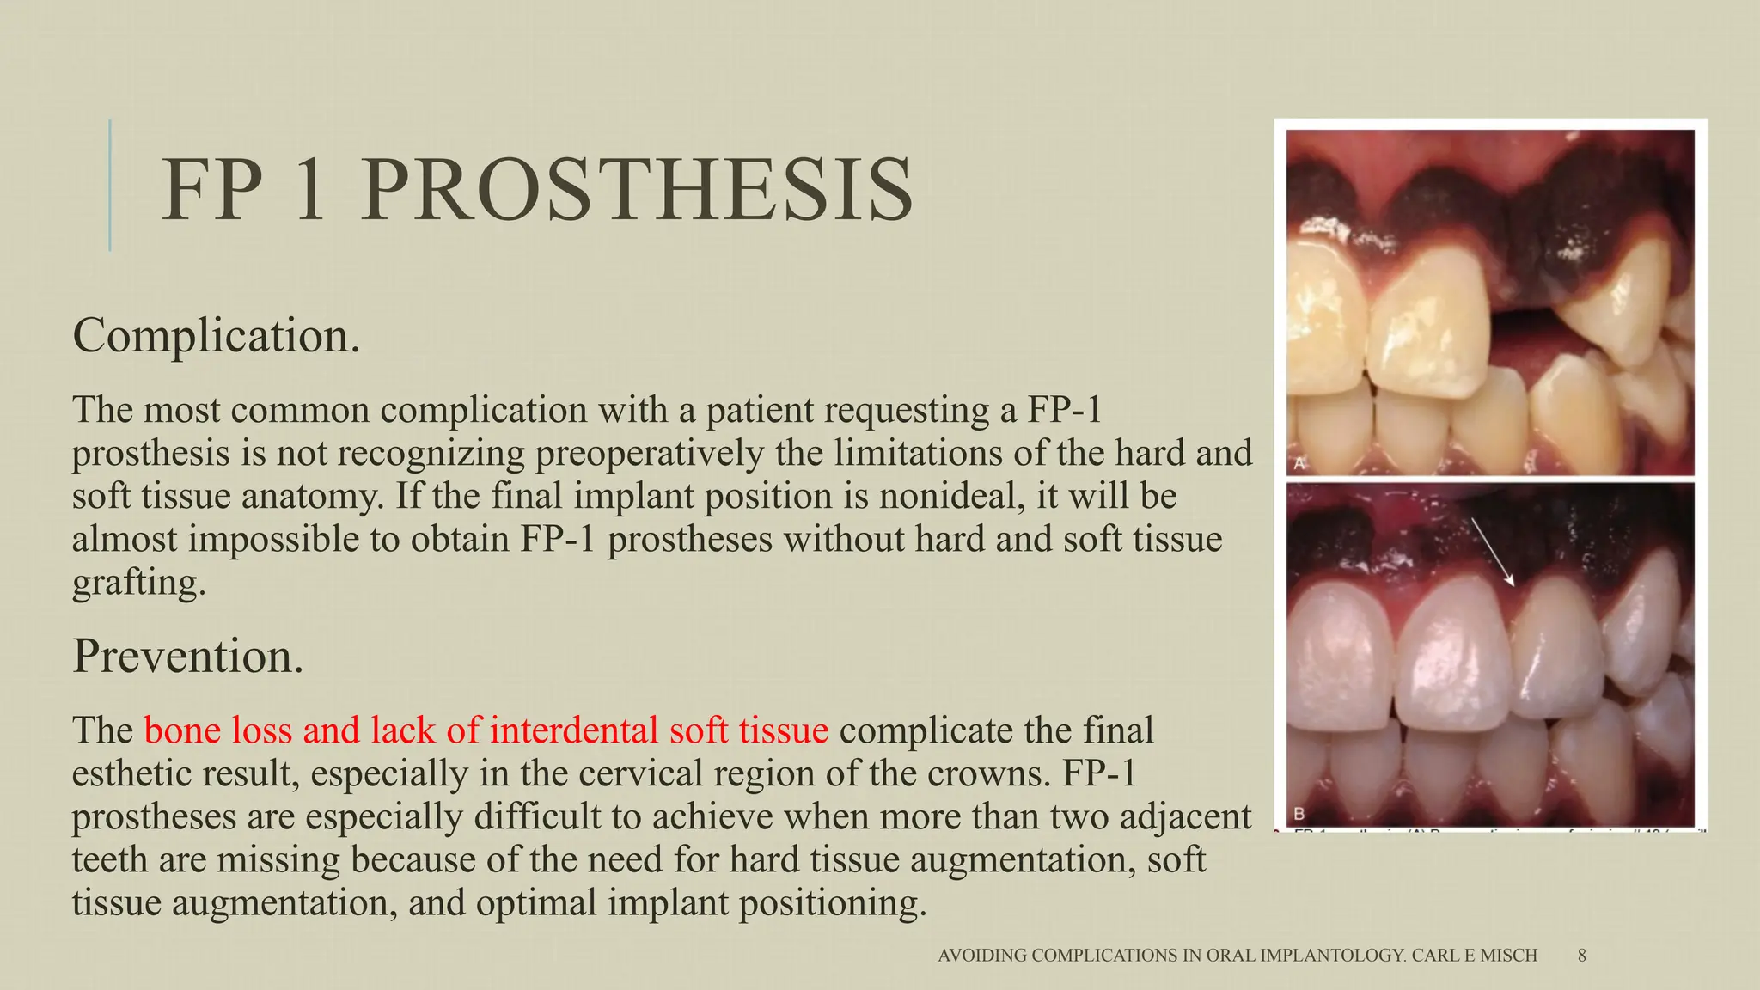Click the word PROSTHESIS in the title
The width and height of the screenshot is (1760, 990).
637,191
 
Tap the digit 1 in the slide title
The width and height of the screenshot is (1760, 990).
308,191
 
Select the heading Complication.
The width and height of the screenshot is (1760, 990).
216,335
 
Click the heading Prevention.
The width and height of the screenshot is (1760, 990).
188,656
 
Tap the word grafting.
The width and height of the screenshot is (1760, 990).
139,583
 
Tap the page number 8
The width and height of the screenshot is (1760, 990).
1582,955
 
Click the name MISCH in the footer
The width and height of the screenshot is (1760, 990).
1510,955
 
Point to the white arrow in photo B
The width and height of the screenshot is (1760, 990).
1492,552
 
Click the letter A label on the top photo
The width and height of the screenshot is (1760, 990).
1299,464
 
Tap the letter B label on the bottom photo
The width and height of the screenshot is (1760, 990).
1299,813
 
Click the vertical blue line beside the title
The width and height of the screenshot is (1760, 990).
110,185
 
